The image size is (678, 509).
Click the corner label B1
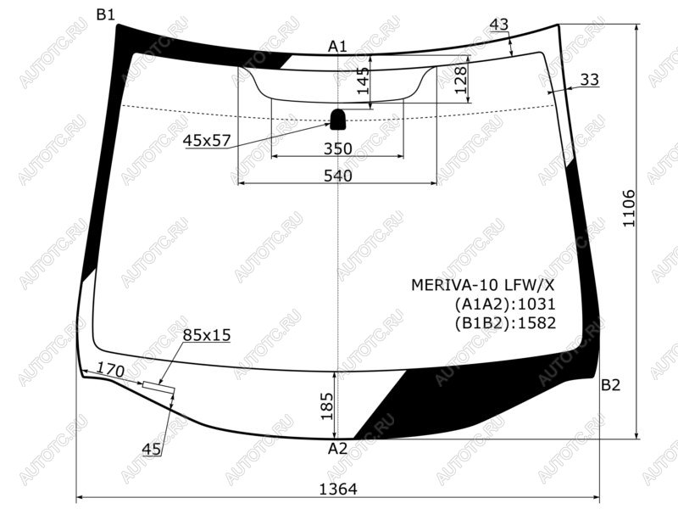[x=105, y=14]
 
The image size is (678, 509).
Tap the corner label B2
[x=610, y=385]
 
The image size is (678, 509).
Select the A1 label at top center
[x=337, y=46]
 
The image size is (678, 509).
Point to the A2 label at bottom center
[x=337, y=449]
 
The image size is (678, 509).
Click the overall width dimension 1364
[x=338, y=489]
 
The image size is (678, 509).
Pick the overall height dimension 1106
[x=628, y=208]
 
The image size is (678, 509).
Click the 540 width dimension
[x=338, y=176]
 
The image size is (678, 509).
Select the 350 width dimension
[x=338, y=148]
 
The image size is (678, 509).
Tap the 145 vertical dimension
[x=364, y=81]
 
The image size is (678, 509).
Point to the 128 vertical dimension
[x=461, y=80]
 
